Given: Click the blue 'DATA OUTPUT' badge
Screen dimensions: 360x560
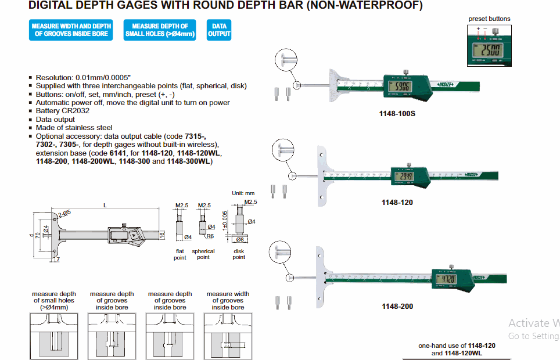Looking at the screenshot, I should coord(219,30).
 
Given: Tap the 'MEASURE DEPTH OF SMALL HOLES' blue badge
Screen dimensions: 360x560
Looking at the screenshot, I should coord(160,30).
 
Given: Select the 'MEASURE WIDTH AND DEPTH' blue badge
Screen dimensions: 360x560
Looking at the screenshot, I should coord(71,30).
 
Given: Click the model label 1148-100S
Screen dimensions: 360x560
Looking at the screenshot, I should coord(397,114).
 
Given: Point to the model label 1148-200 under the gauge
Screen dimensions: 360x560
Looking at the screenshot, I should coord(397,306).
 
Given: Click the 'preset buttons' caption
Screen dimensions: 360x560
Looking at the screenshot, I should coord(489,19).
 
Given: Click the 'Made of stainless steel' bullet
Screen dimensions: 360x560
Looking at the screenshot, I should coord(74,128).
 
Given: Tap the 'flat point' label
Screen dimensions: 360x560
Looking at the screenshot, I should coord(180,254).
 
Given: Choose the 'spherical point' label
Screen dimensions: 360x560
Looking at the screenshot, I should coord(203,254).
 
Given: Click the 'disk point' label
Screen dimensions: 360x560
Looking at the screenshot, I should coord(239,254).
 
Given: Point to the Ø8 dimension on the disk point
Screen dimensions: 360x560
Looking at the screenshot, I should coord(239,239).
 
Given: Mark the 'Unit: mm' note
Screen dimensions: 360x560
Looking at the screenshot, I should coord(243,193).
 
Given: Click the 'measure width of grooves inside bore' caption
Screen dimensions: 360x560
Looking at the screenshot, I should coord(228,300).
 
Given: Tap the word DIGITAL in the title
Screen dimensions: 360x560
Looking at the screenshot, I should coord(51,6).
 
